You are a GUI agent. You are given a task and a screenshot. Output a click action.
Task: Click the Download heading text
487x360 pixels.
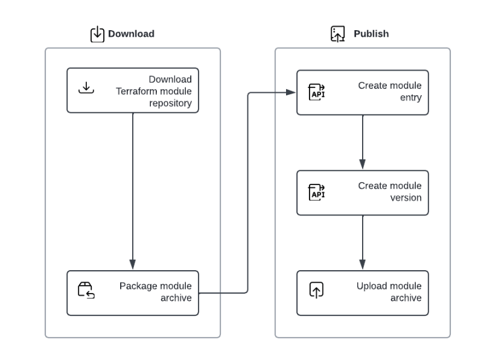tap(131, 34)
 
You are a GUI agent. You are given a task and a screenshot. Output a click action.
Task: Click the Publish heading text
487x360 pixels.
tap(371, 34)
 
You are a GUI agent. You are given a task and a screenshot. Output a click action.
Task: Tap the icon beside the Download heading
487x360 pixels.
tap(97, 34)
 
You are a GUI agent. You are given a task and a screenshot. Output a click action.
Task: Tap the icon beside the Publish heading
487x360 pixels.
tap(338, 34)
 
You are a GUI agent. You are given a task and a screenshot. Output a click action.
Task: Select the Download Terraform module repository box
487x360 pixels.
tap(132, 90)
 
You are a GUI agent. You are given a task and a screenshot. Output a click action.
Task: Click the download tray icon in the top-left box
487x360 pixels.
tap(86, 88)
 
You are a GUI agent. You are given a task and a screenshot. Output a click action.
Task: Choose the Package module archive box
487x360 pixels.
tap(132, 292)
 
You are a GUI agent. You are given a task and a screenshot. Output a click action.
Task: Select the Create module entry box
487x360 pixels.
tap(362, 92)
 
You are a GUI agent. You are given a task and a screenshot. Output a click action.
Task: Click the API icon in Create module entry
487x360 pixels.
tap(317, 92)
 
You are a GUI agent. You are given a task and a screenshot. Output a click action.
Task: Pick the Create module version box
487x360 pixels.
tap(362, 192)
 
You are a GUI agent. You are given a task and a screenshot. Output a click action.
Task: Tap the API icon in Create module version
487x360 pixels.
tap(317, 192)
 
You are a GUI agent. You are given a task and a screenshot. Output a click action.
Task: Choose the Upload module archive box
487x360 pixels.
tap(362, 292)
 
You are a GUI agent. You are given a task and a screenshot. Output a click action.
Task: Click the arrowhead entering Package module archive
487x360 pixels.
tap(132, 265)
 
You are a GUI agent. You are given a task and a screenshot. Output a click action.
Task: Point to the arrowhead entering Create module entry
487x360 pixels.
tap(290, 92)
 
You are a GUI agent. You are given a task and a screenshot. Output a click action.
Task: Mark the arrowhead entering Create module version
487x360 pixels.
tap(362, 164)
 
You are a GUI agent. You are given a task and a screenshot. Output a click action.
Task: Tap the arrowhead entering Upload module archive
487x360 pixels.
tap(362, 265)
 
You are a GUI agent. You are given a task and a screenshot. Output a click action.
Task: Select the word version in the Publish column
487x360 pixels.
tap(406, 198)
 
